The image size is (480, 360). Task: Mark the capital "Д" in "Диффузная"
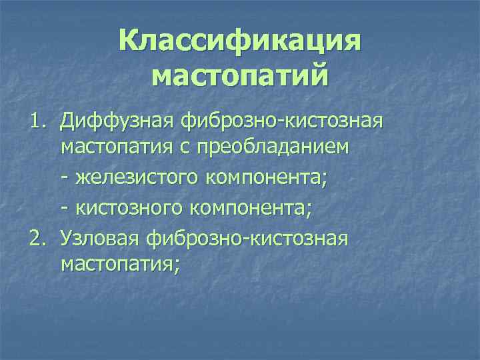pyautogui.click(x=67, y=121)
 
